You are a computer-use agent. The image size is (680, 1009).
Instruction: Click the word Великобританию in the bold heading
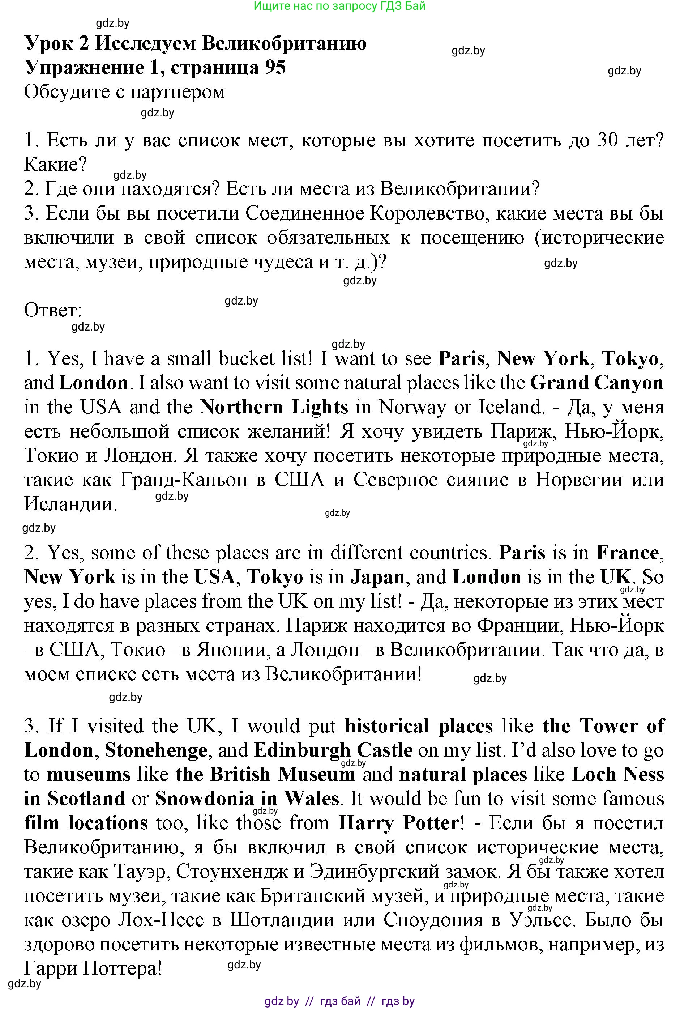pos(285,43)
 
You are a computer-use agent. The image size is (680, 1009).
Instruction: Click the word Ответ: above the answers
pos(53,310)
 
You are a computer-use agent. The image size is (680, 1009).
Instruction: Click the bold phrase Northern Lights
pos(274,407)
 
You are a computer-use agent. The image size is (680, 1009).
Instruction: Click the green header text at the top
pos(339,6)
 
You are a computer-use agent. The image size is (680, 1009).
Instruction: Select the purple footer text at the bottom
pos(339,1001)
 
